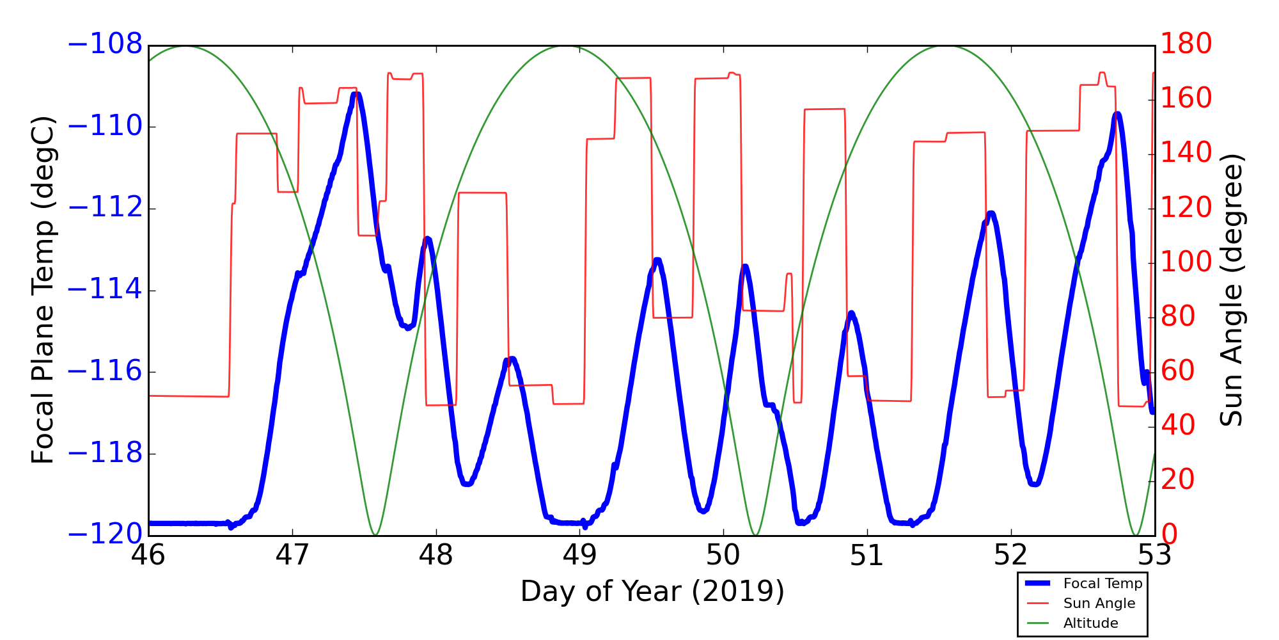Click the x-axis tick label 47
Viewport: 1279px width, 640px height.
(292, 555)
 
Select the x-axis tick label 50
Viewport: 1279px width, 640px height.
(723, 555)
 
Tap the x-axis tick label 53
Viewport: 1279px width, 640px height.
(1154, 555)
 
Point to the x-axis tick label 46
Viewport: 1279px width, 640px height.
(148, 555)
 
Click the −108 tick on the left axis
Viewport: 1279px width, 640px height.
(105, 45)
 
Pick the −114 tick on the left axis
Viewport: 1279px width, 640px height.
(105, 290)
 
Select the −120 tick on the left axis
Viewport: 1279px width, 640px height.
(105, 534)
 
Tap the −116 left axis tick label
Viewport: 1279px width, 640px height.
(105, 371)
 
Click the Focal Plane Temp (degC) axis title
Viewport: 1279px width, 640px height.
(43, 290)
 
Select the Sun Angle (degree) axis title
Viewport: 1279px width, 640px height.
(1231, 290)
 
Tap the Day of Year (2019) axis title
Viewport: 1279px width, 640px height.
(652, 591)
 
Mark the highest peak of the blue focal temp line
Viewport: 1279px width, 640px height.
(356, 95)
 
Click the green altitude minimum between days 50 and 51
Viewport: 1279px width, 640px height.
(755, 534)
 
